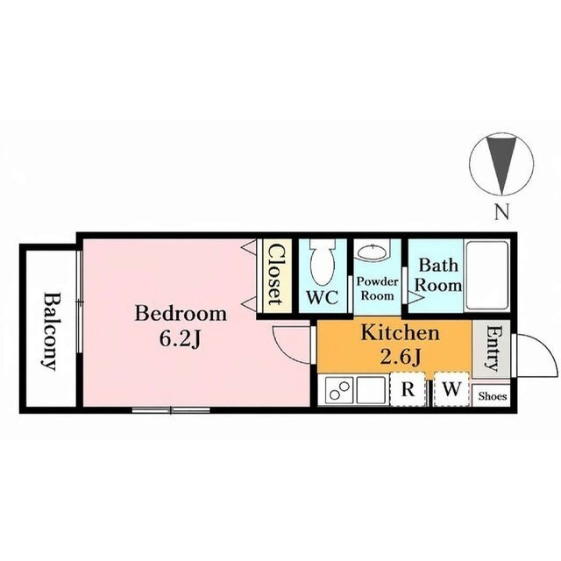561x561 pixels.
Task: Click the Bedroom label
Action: click(181, 314)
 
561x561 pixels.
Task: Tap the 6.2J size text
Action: click(180, 339)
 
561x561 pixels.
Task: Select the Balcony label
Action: click(49, 331)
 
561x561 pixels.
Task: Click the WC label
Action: click(323, 297)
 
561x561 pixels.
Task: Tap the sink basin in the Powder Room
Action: click(373, 252)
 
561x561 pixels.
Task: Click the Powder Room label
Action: click(378, 288)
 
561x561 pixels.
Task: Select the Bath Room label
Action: click(438, 275)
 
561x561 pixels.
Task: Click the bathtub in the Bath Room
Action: click(486, 276)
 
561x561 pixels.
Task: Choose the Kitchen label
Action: click(400, 333)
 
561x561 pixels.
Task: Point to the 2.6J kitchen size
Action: click(400, 357)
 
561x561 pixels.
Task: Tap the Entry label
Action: click(491, 349)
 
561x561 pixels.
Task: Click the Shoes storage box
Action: click(491, 395)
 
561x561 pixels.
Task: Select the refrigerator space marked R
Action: click(408, 389)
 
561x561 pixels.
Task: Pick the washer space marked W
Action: click(451, 389)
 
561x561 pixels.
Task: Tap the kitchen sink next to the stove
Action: click(371, 390)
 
